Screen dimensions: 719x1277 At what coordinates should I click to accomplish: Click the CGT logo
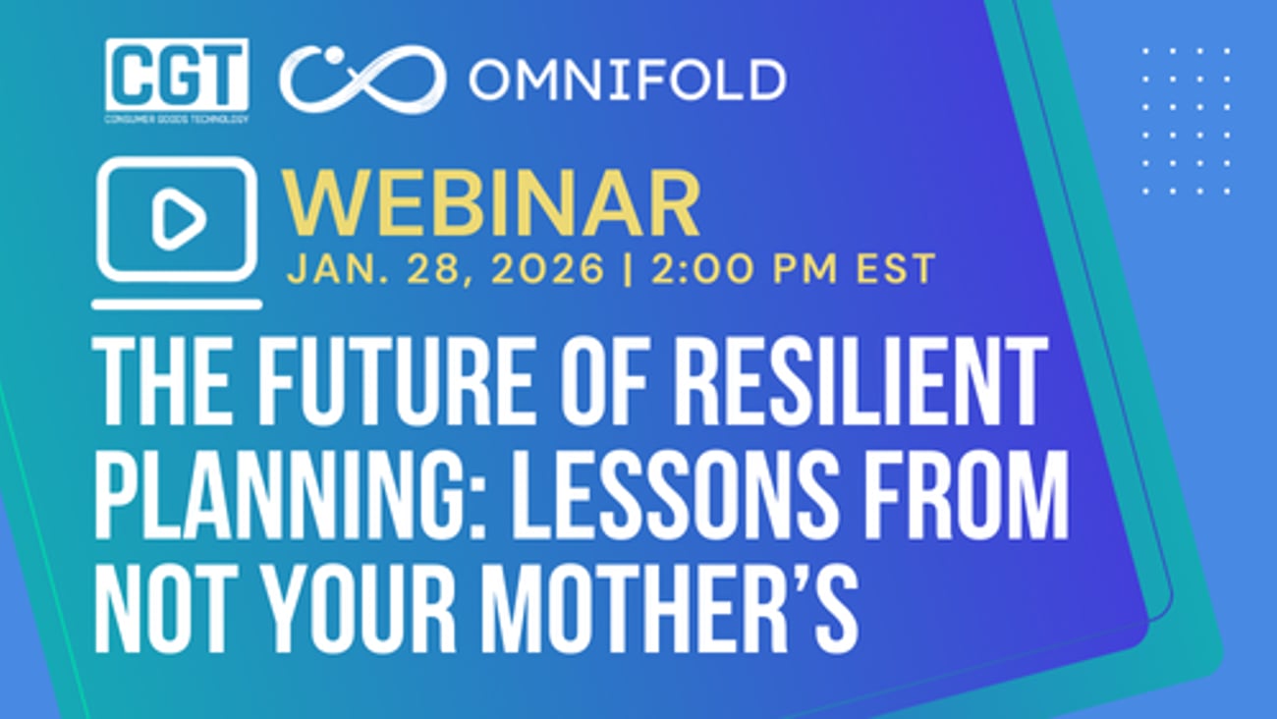point(177,75)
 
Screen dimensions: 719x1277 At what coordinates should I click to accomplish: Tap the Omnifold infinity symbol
point(361,80)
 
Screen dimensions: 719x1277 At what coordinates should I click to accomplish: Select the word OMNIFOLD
point(627,80)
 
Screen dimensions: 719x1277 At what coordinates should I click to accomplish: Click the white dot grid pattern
point(1186,121)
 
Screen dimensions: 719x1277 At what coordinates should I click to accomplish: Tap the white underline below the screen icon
point(177,304)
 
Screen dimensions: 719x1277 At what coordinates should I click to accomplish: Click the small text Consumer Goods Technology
point(177,119)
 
